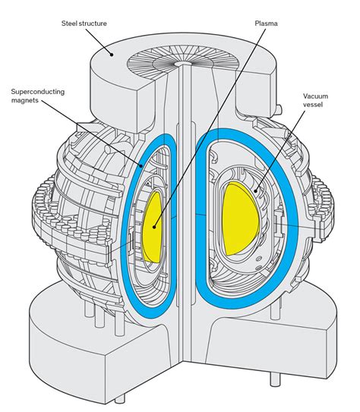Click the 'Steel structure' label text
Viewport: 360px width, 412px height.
coord(84,24)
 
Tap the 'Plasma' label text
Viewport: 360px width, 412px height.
coord(266,24)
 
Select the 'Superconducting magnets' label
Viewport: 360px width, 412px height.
coord(38,96)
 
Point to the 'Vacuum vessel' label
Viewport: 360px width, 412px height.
coord(315,100)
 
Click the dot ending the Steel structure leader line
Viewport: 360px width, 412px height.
coord(112,55)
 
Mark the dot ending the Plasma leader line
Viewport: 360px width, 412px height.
coord(154,227)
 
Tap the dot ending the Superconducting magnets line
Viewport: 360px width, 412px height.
coord(141,165)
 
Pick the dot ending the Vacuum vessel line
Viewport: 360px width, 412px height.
coord(256,190)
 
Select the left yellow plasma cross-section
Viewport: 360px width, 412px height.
coord(152,228)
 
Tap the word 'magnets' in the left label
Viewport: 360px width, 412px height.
coord(25,100)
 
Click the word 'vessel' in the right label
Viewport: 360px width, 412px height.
coord(313,105)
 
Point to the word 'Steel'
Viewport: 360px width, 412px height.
coord(69,24)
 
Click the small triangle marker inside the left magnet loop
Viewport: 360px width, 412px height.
coord(149,184)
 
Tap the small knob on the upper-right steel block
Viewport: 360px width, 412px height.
coord(279,109)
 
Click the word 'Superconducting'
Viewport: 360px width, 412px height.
coord(38,92)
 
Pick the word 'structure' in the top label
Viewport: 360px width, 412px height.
coord(93,24)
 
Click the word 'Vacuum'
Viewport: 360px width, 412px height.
coord(315,96)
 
